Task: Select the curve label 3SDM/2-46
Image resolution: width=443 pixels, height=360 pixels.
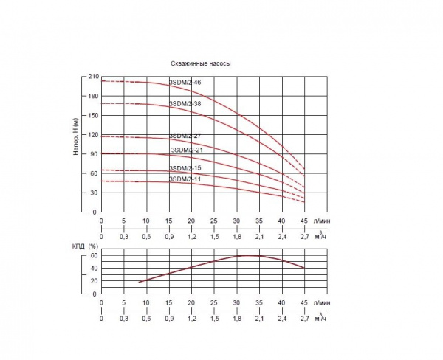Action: coord(185,83)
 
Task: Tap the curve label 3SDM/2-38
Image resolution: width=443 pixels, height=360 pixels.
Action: coord(185,103)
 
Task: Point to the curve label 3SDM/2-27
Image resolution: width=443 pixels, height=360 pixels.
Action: coord(185,136)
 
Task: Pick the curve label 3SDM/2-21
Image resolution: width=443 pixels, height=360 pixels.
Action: coord(187,150)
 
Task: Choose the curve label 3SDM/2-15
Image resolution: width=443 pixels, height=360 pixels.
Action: coord(185,168)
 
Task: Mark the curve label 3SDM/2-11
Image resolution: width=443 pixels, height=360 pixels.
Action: coord(185,179)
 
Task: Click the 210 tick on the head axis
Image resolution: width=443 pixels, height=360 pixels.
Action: coord(93,77)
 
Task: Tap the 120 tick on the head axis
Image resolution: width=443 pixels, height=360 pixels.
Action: coord(93,135)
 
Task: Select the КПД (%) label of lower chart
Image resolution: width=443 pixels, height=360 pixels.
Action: coord(83,246)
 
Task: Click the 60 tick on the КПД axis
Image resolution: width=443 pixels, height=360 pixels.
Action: coord(95,255)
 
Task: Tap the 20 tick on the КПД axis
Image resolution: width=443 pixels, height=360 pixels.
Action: coord(95,281)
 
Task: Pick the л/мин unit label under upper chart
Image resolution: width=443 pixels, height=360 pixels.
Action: coord(321,220)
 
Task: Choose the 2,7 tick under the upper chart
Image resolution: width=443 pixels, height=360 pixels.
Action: coord(304,238)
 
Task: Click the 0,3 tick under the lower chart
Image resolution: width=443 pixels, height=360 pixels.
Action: coord(123,320)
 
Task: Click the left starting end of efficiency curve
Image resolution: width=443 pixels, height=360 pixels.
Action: coord(138,283)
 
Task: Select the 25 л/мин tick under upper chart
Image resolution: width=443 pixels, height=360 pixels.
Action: coord(214,221)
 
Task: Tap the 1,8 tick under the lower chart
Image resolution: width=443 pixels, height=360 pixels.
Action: coord(236,320)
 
